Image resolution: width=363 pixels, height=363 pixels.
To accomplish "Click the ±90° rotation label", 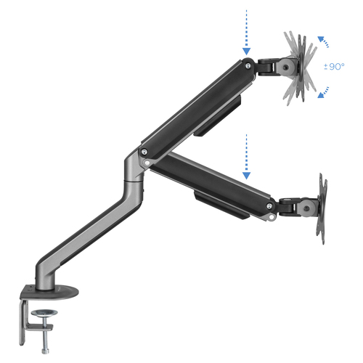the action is tap(334, 66).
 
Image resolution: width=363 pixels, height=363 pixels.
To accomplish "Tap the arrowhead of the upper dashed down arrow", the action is tap(246, 51).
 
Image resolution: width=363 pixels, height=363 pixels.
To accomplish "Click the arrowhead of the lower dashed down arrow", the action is tap(246, 176).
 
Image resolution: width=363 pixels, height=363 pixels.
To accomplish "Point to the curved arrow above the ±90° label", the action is tap(323, 41).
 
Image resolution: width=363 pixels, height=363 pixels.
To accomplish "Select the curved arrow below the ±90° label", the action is tap(323, 92).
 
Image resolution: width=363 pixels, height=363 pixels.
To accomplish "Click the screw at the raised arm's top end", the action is tap(248, 65).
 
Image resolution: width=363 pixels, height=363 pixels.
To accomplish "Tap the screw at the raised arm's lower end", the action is tap(144, 152).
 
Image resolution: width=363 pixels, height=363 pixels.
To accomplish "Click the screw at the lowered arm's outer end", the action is tap(269, 206).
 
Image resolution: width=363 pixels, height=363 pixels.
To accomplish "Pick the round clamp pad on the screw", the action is tap(44, 313).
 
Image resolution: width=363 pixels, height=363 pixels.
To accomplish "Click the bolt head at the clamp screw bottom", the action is tap(45, 351).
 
